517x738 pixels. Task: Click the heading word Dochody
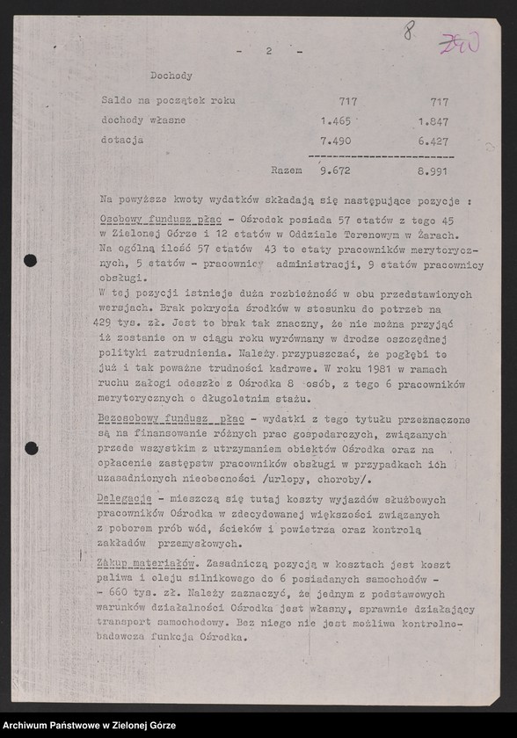(171, 76)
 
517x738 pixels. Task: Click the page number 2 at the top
(269, 52)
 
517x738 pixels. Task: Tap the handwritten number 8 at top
(409, 33)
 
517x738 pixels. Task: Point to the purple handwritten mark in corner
(459, 44)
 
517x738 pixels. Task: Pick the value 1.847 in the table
(433, 120)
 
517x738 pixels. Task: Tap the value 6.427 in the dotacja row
(433, 141)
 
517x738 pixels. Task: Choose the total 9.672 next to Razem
(336, 170)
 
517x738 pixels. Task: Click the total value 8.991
(433, 170)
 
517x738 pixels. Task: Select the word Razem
(288, 170)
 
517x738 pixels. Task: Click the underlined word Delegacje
(126, 498)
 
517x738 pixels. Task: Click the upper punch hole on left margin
(30, 260)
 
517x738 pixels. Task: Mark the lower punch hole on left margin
(30, 448)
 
